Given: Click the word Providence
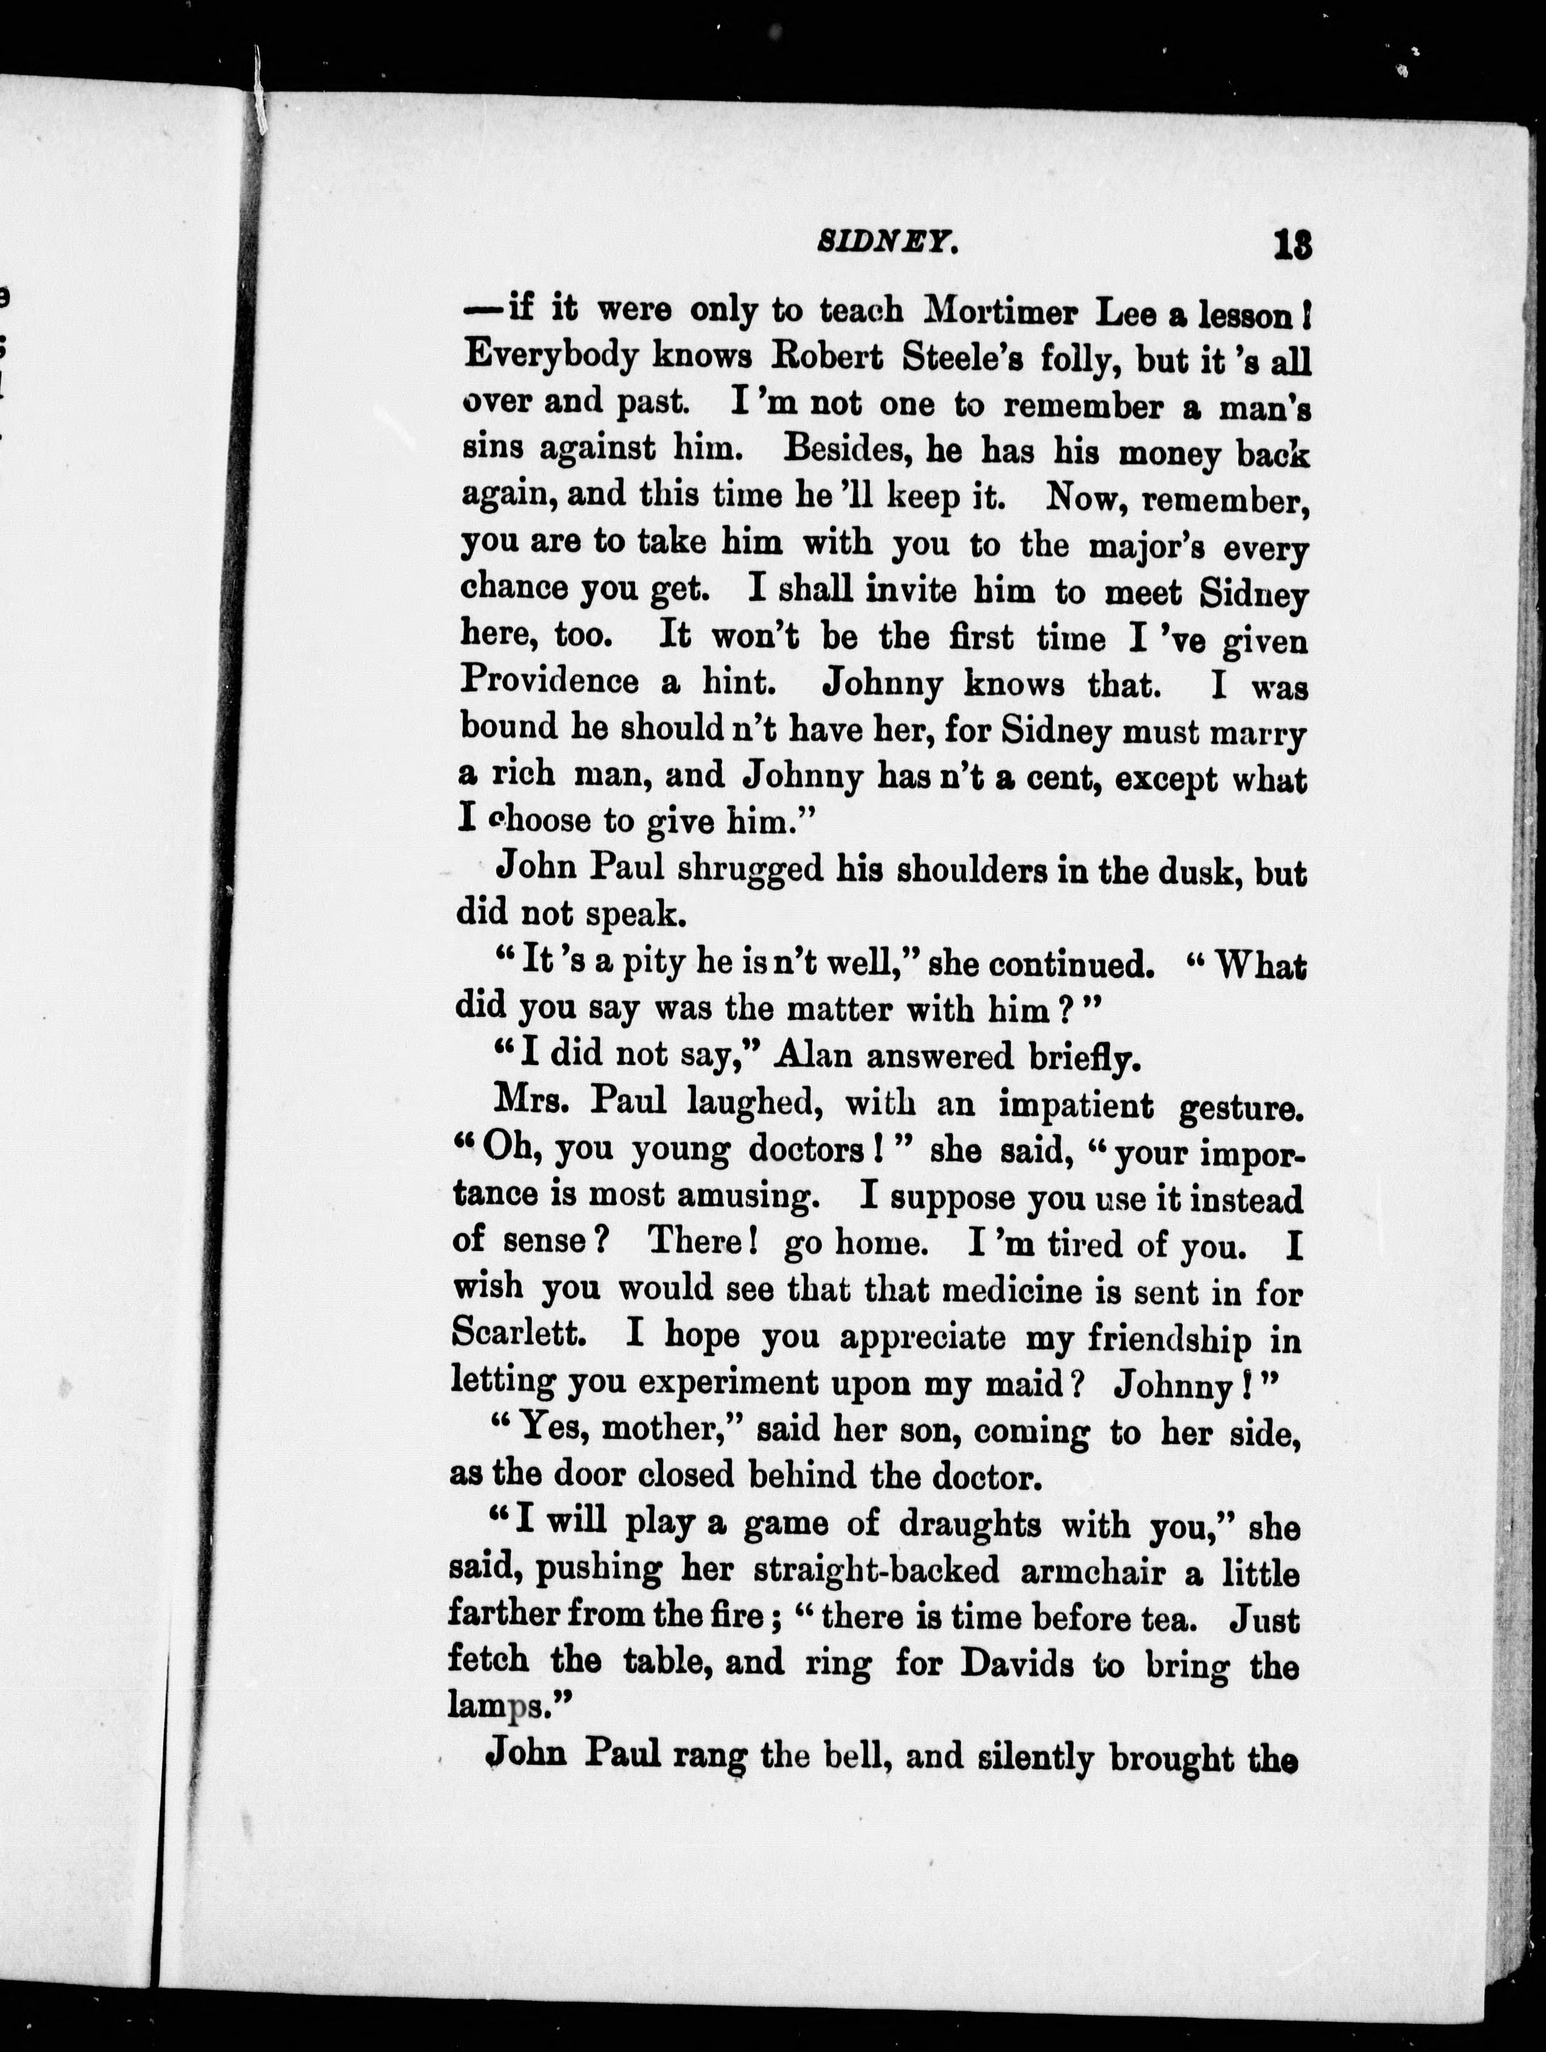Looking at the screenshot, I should (549, 682).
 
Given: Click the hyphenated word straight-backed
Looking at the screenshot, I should (876, 1571).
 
